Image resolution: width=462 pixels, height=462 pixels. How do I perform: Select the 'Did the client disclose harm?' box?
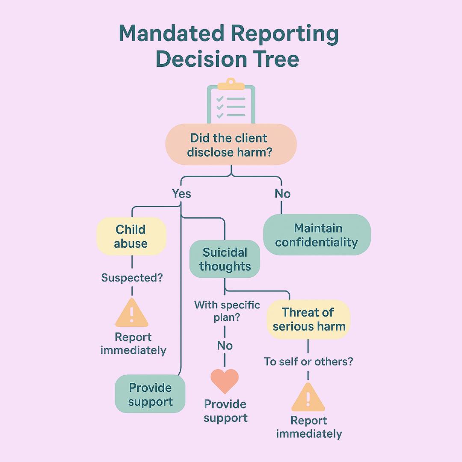[231, 145]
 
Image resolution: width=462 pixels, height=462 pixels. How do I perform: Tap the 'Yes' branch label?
[181, 194]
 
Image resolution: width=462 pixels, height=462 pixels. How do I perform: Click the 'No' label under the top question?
[282, 194]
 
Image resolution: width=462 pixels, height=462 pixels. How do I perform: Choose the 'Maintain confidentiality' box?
[317, 235]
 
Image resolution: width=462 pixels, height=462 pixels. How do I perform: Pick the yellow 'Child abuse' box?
[131, 237]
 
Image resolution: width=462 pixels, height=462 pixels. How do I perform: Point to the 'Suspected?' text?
[132, 278]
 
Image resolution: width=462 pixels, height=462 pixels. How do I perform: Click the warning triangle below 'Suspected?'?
[132, 313]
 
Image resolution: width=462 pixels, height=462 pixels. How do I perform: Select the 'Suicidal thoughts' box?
[225, 259]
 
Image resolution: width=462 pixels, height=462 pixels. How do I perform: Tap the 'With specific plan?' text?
[227, 311]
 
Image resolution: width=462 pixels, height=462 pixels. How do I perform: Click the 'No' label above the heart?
[225, 345]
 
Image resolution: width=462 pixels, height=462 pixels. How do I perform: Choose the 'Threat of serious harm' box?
[308, 319]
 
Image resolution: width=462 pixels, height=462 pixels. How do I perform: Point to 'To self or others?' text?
[308, 361]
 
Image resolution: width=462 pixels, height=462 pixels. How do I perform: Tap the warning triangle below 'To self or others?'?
[308, 397]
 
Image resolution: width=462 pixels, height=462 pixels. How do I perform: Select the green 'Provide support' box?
[150, 394]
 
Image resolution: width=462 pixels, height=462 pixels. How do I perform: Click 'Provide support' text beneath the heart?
[225, 411]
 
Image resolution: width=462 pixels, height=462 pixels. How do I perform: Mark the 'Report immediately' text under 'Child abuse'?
[133, 344]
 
